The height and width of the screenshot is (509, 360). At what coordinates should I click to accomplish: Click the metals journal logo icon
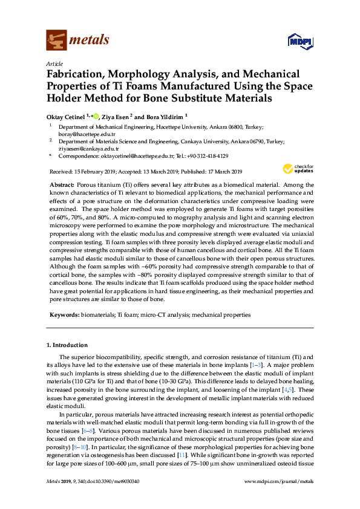pyautogui.click(x=56, y=41)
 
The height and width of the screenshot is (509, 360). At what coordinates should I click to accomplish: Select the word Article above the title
pyautogui.click(x=53, y=63)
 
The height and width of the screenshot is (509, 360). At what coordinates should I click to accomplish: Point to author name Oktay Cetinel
pyautogui.click(x=67, y=115)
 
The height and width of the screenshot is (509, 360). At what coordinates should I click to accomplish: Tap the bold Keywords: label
pyautogui.click(x=63, y=315)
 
